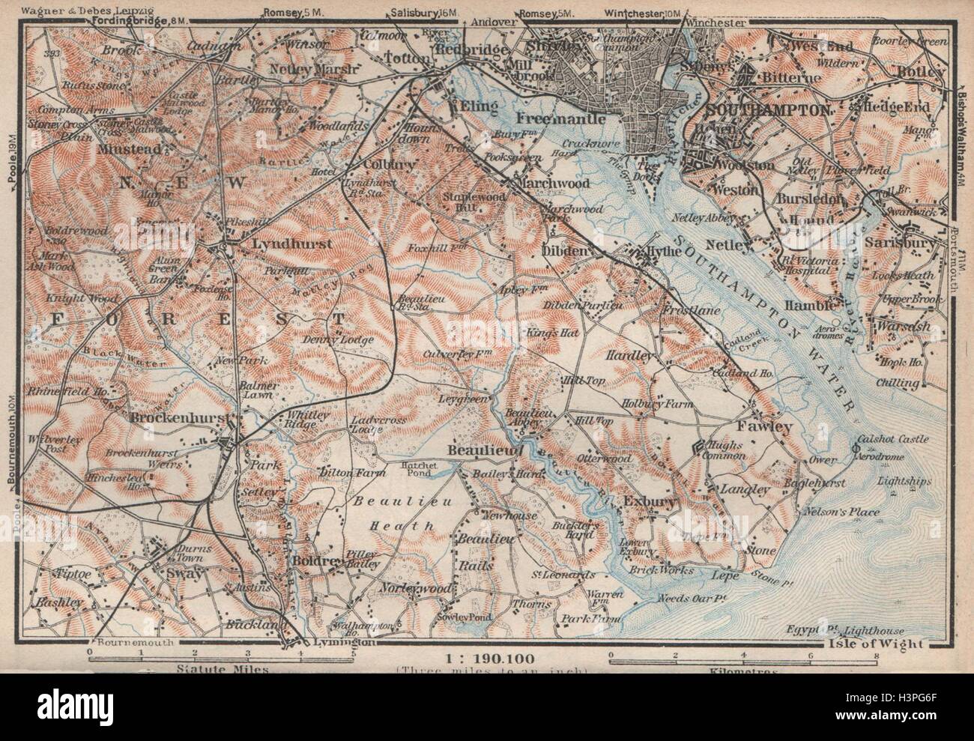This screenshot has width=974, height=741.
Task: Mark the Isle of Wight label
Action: point(883,643)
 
